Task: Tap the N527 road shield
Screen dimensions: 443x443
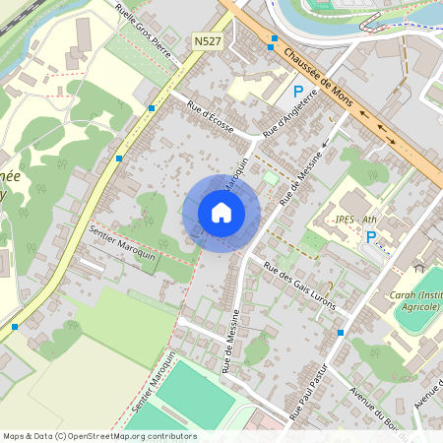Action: click(207, 41)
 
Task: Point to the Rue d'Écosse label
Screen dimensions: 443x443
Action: click(209, 121)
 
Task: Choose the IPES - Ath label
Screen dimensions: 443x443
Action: click(357, 219)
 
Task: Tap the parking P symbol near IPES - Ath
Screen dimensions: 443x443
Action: click(371, 236)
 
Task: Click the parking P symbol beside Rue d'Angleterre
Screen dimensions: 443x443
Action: click(298, 92)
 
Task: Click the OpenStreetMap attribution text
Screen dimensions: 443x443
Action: click(99, 435)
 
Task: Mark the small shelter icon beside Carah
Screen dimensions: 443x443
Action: click(418, 267)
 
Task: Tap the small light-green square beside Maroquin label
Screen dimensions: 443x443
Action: click(271, 177)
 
